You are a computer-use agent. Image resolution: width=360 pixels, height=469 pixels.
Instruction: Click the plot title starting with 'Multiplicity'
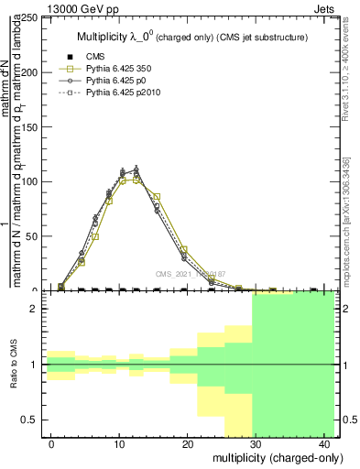(191, 37)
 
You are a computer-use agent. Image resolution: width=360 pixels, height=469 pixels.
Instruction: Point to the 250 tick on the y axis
(31, 18)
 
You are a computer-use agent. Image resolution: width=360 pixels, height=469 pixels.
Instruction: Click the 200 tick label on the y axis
(31, 72)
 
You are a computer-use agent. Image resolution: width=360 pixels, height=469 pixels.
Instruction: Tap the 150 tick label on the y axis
(31, 127)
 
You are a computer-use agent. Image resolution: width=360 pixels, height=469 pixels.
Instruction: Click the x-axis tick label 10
(119, 444)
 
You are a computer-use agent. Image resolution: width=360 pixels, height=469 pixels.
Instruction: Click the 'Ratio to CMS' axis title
(15, 365)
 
